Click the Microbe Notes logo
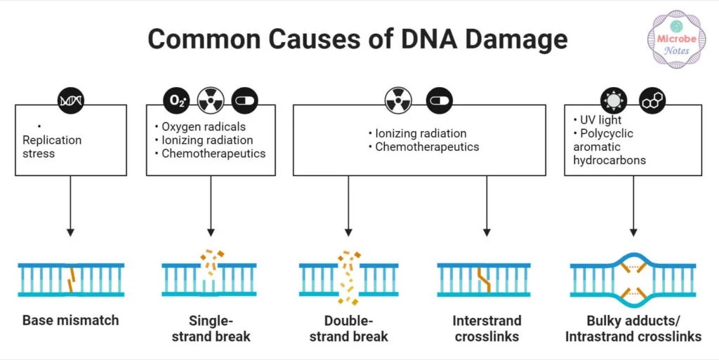point(675,38)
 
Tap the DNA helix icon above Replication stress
point(70,101)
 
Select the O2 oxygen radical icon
point(176,101)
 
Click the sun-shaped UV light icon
point(614,101)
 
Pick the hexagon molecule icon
point(652,101)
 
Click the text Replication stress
point(52,147)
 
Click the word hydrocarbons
point(609,160)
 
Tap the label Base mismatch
point(70,321)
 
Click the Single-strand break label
point(211,328)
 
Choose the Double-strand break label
point(349,328)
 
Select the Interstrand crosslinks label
point(487,328)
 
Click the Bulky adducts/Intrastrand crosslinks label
point(633,328)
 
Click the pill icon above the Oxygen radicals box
point(245,101)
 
